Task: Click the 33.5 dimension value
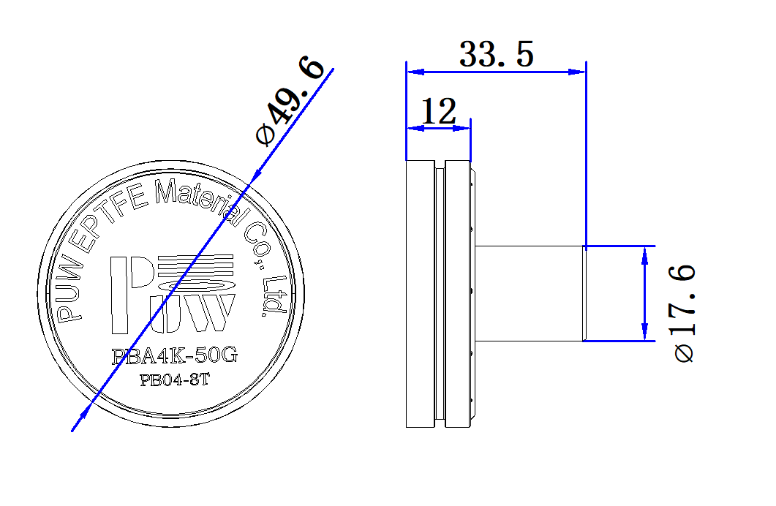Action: [x=497, y=55]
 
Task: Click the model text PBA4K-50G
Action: [x=175, y=356]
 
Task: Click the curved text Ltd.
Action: [x=273, y=296]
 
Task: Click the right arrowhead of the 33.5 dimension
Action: [x=578, y=72]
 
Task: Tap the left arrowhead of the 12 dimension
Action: [x=414, y=128]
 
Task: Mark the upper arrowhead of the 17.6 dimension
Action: [x=644, y=254]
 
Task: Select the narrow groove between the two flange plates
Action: [x=439, y=293]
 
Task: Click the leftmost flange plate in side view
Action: [x=420, y=293]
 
